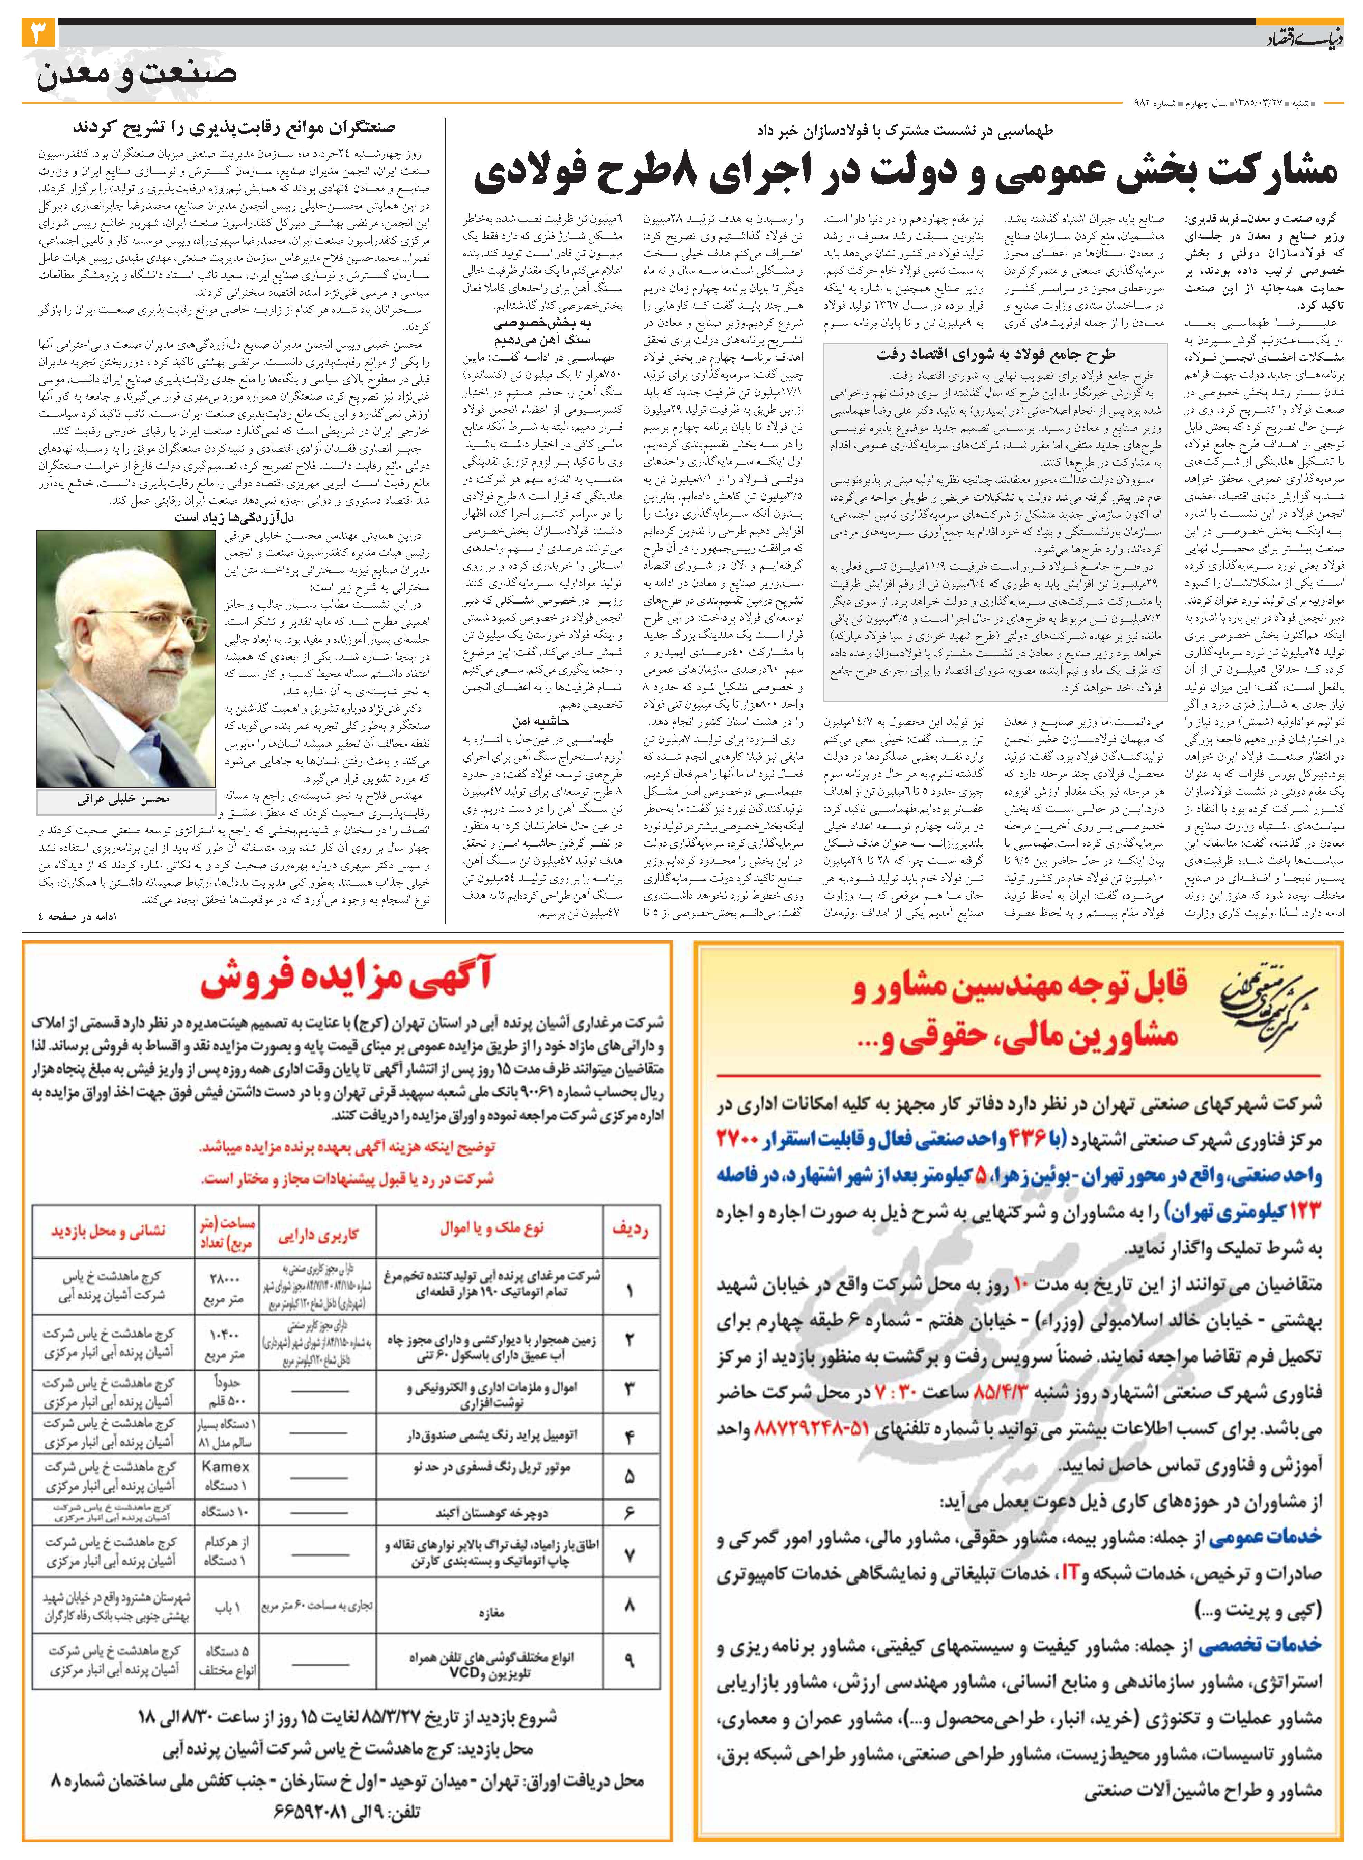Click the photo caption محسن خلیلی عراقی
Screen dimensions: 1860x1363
124,799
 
